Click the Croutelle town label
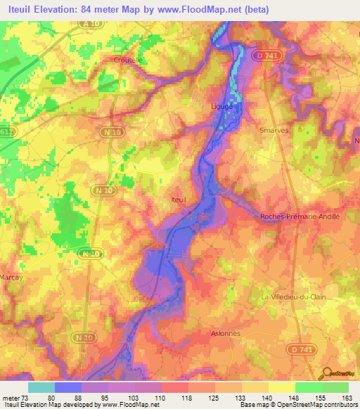coord(129,60)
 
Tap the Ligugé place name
coord(222,106)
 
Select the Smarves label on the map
coord(274,130)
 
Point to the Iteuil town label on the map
coord(179,200)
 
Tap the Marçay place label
coord(11,277)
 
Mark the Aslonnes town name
coord(226,334)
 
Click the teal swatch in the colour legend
coord(41,387)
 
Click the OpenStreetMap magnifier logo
coord(328,374)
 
